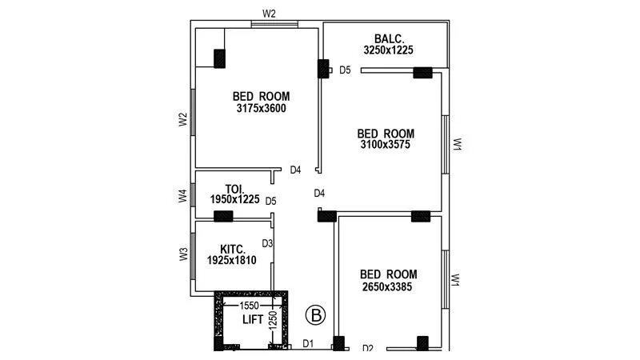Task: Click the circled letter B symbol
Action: (316, 315)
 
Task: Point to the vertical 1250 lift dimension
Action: (273, 321)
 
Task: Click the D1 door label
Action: (308, 344)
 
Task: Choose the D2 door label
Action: (368, 348)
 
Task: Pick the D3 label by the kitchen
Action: (268, 243)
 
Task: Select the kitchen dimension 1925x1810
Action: (232, 260)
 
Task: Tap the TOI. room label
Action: (223, 189)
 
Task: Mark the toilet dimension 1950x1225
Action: (235, 200)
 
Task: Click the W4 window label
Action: (182, 196)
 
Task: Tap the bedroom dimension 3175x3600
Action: (262, 108)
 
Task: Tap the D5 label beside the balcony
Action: (345, 70)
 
